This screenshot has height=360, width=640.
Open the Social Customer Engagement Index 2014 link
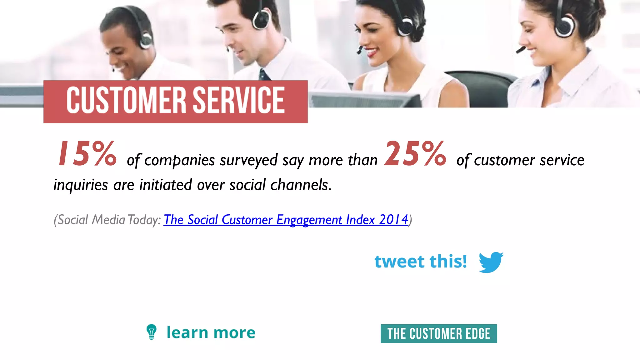pos(286,220)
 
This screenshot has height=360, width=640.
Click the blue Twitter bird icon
pos(491,262)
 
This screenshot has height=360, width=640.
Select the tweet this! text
pos(421,262)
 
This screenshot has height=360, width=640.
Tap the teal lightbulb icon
pos(152,332)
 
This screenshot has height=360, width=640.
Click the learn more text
pos(211,332)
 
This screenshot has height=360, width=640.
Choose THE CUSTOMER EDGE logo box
pos(439,334)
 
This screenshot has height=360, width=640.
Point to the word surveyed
pos(248,160)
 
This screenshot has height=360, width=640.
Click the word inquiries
pos(81,185)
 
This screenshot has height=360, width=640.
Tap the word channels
pos(301,185)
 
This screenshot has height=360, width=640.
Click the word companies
pos(179,160)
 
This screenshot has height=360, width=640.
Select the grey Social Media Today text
pos(107,220)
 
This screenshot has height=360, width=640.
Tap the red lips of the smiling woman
pos(372,52)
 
